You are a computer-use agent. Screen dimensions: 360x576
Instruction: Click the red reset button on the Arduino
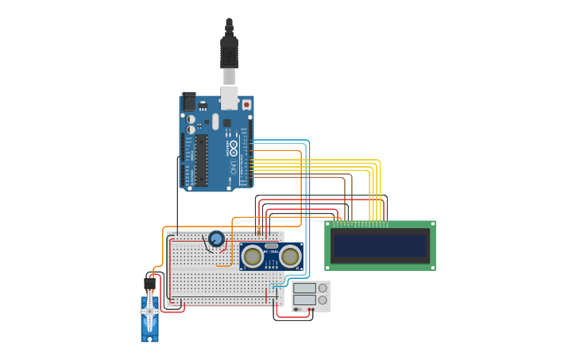click(x=246, y=104)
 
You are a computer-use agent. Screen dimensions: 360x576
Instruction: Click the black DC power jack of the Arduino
click(x=189, y=101)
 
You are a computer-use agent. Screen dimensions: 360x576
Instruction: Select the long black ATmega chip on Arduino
click(x=202, y=160)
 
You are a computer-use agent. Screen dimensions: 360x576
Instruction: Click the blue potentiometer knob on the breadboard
click(x=216, y=238)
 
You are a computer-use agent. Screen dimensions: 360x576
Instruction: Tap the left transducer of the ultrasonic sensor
click(x=253, y=257)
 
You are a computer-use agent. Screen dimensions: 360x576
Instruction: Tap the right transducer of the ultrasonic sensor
click(x=290, y=257)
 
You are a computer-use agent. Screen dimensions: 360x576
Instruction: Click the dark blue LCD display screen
click(x=381, y=246)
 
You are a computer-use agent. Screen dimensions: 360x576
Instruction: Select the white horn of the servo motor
click(x=149, y=312)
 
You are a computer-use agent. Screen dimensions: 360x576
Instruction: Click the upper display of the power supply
click(x=304, y=288)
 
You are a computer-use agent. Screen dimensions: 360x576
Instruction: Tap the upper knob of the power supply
click(x=323, y=288)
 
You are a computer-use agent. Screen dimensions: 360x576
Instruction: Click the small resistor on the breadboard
click(x=259, y=230)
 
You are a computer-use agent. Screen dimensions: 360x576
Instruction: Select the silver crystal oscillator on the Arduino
click(x=215, y=122)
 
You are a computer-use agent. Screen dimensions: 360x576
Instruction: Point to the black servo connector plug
click(x=149, y=283)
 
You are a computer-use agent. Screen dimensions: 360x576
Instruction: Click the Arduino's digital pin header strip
click(x=251, y=151)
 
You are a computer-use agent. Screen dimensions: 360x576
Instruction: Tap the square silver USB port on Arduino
click(x=229, y=98)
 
